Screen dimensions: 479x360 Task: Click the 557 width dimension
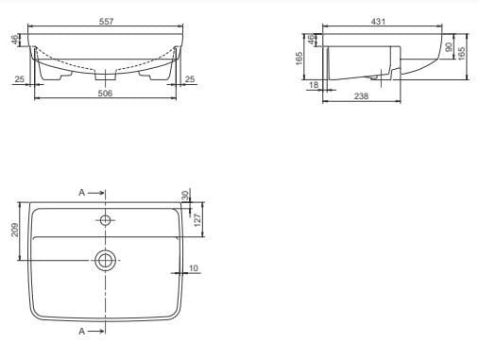106,22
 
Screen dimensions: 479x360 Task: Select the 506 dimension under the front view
105,94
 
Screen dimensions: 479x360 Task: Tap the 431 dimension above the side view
378,22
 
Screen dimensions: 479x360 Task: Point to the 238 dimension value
361,96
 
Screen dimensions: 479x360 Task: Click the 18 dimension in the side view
314,85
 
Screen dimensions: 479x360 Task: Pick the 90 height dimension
449,47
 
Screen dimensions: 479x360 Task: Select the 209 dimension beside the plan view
15,230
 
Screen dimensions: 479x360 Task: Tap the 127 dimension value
197,220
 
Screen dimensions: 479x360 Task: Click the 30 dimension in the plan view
186,196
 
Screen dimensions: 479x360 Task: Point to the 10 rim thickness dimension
194,268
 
